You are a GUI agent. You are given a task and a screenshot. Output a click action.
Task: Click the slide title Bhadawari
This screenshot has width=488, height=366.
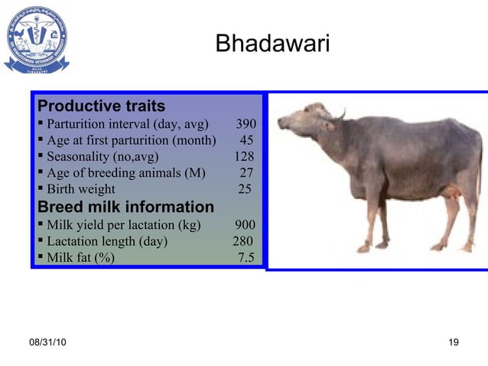272,44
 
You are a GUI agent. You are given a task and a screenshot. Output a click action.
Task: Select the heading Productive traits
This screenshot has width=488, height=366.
102,105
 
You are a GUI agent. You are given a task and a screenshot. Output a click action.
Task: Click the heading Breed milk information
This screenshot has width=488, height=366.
126,207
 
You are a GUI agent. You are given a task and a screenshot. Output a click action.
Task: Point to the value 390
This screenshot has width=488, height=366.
246,124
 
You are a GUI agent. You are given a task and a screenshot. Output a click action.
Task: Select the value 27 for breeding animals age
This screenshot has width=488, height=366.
246,173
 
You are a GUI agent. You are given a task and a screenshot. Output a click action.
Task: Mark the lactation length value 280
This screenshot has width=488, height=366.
242,241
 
